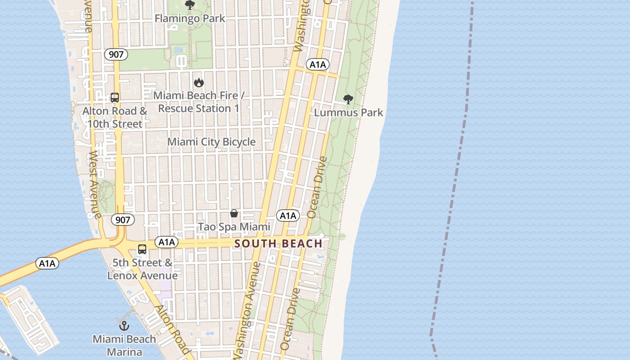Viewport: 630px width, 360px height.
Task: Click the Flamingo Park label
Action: (190, 18)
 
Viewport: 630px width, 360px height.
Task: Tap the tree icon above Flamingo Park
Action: (190, 5)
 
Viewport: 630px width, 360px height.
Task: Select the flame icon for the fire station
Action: (198, 82)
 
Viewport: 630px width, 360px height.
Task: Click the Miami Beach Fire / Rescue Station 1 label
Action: (198, 102)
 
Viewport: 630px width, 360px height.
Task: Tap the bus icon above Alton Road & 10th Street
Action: (115, 98)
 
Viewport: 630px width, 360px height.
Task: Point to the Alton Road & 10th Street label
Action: (115, 117)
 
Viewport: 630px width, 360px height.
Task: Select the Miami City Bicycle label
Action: (211, 142)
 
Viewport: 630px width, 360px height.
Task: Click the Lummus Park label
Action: (348, 112)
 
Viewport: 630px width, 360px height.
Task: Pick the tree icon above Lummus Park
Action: (348, 99)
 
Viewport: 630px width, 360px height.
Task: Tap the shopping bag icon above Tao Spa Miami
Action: (234, 213)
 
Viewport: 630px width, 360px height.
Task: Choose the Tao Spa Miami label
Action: (234, 227)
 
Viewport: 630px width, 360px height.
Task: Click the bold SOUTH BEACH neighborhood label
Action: (279, 244)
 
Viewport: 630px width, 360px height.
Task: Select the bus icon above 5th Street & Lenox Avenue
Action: (142, 249)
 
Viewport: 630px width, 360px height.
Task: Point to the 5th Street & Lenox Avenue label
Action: (143, 269)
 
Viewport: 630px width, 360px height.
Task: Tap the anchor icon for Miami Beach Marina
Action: (124, 326)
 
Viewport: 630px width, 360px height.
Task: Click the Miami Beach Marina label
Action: (124, 345)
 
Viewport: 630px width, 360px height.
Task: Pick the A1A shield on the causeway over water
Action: (47, 264)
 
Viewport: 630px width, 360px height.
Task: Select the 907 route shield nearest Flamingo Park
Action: (116, 54)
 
